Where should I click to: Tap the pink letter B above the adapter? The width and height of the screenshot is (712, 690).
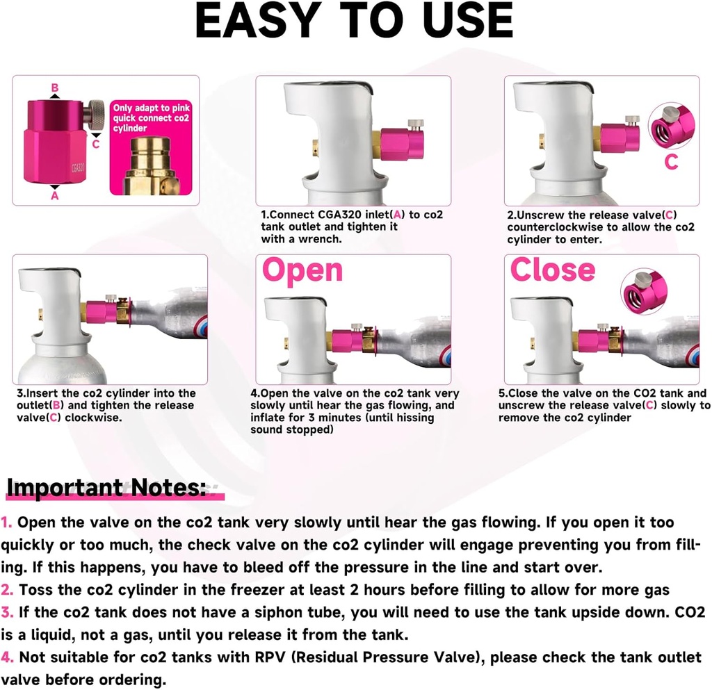pos(55,88)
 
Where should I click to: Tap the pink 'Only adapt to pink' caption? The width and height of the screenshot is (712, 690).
pos(151,118)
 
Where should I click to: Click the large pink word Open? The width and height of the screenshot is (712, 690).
pos(302,271)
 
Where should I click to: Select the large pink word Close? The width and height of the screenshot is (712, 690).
pos(553,270)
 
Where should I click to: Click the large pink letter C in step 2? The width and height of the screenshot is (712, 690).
pos(671,162)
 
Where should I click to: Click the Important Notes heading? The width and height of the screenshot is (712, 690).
pos(106,488)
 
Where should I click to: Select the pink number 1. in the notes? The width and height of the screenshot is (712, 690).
pos(6,522)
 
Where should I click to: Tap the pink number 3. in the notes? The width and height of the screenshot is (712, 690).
pos(7,613)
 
